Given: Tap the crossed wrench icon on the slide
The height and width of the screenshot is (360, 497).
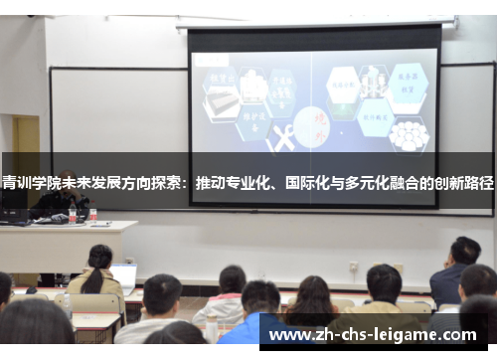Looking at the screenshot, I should point(282,140).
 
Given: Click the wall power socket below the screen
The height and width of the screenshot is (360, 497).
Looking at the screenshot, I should point(353,267).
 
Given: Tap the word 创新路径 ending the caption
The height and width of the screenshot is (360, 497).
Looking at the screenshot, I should point(466,183).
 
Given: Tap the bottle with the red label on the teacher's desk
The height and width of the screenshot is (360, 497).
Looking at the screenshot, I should point(92,213).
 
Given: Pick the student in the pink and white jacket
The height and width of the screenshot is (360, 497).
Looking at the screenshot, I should point(223,298).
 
